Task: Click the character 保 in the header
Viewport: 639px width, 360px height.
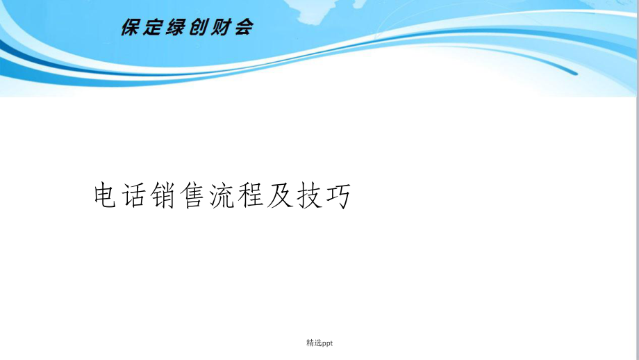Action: coord(131,27)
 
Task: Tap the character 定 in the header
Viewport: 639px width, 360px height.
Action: coord(153,27)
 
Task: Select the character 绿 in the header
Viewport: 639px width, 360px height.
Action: coord(176,27)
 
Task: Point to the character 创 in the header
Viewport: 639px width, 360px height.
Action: coord(199,27)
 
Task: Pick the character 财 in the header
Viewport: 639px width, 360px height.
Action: coord(221,27)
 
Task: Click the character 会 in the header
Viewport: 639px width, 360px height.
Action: coord(244,27)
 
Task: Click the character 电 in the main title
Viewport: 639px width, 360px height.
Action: coord(106,195)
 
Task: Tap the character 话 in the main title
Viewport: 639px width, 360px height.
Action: coord(134,195)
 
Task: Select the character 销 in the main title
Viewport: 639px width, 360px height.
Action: coord(163,195)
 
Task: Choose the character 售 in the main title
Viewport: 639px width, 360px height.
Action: coord(192,195)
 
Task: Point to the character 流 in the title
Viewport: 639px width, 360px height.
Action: coord(222,195)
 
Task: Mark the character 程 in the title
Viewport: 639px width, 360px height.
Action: coord(250,195)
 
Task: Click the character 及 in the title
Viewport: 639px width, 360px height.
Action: coord(279,195)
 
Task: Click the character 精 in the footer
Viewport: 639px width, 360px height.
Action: coord(310,343)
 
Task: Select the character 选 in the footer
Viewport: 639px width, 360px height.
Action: coord(318,343)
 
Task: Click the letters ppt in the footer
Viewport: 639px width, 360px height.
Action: coord(327,344)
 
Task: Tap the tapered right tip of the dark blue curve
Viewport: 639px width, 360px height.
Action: coord(576,74)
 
